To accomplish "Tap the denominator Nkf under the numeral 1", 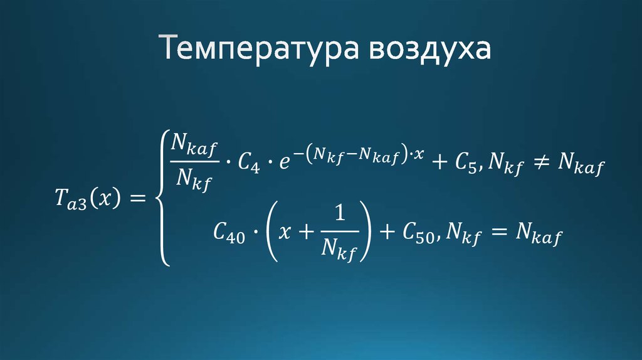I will pyautogui.click(x=339, y=251).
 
